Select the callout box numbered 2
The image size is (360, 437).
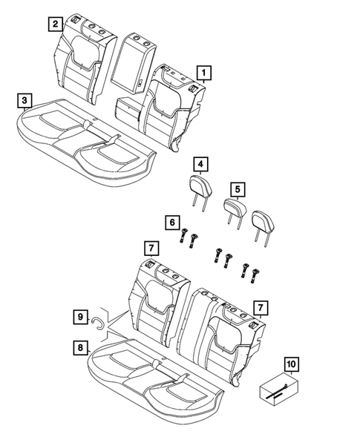click(55, 24)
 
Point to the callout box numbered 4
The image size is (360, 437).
click(200, 164)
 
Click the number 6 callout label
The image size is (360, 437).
click(171, 221)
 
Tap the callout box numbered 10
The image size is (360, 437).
click(290, 364)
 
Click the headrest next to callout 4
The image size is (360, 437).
click(200, 186)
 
